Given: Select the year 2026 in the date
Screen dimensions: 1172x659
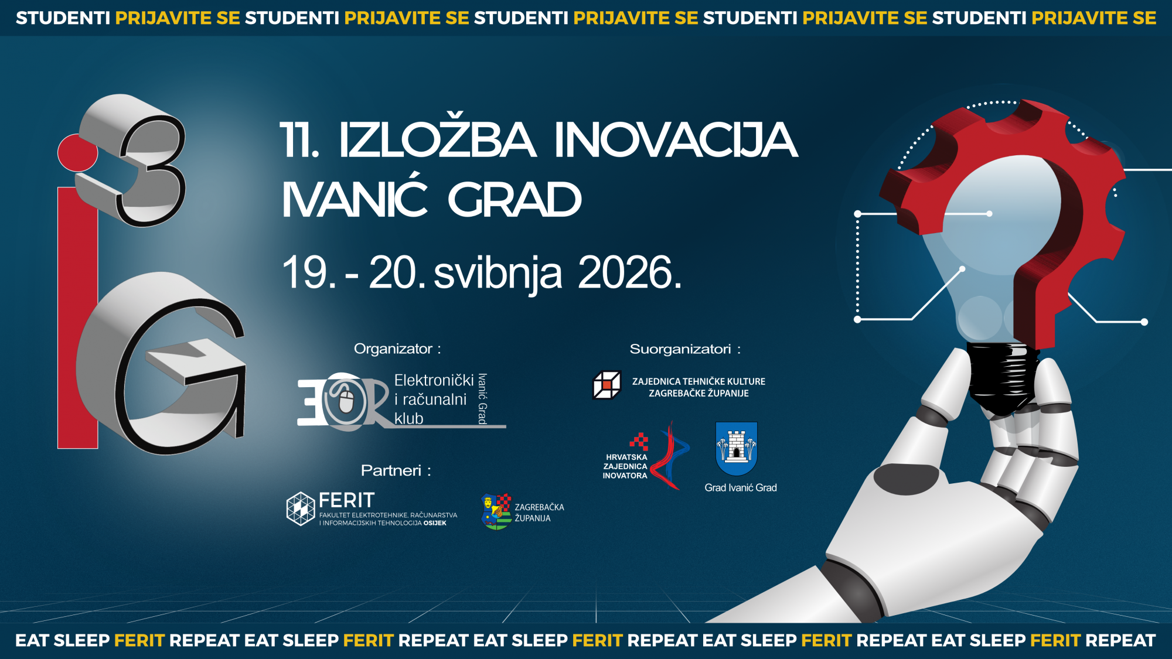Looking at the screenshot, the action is tap(630, 272).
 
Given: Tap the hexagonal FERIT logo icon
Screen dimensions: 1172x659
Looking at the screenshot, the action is tap(301, 508).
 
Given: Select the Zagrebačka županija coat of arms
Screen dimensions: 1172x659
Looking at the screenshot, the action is tap(496, 512).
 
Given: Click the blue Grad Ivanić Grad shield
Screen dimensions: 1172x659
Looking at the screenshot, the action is tap(737, 449).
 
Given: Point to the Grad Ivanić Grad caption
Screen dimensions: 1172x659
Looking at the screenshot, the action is tap(741, 487).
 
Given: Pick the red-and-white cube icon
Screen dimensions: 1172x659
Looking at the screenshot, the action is tap(607, 385).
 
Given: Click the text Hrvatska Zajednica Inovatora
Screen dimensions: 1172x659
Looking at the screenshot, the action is tap(625, 466).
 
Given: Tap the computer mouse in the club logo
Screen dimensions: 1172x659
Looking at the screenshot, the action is tap(346, 402).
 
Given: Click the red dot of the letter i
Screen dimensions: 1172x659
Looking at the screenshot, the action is tap(77, 152).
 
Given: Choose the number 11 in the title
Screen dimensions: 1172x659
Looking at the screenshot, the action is tap(299, 140).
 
